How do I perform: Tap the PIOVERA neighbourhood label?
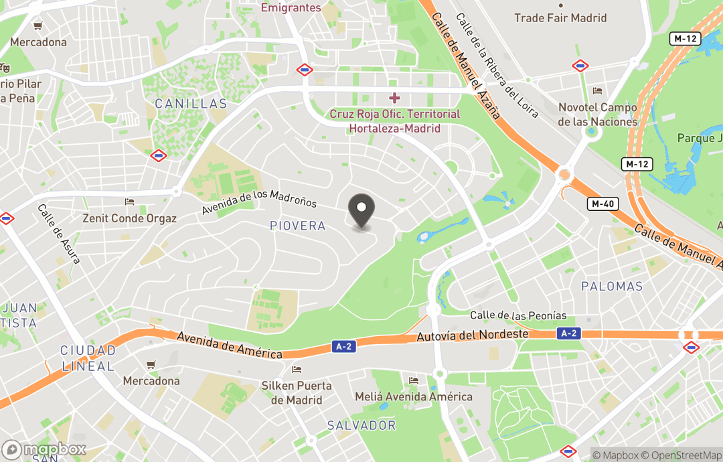297,226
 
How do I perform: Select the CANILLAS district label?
191,104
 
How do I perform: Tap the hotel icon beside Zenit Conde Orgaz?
130,202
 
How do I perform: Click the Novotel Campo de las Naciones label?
597,114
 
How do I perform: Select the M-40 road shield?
604,204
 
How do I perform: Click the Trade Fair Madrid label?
560,18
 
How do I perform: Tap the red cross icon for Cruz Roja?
395,98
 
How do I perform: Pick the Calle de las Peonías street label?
518,315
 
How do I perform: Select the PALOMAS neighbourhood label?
612,287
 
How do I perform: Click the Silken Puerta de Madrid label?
297,393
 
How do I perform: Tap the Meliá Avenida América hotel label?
414,396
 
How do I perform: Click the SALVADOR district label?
361,425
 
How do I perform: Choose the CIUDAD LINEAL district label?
88,358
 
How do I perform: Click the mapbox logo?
44,449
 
